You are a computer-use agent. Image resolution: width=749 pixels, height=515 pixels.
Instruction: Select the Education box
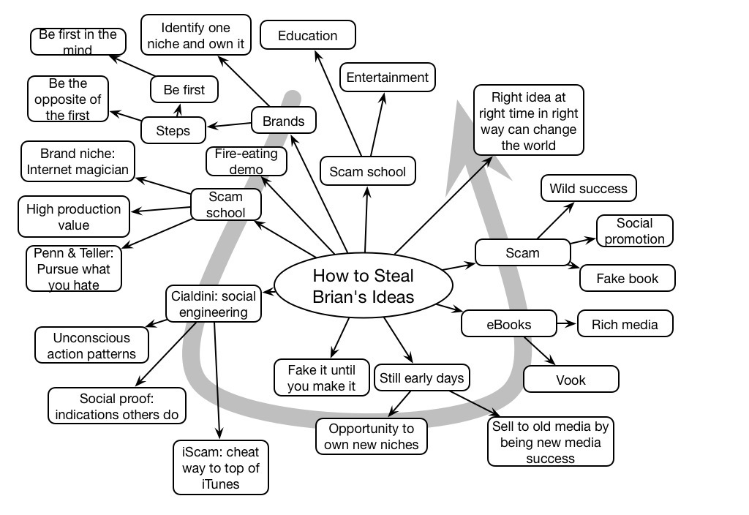click(x=308, y=35)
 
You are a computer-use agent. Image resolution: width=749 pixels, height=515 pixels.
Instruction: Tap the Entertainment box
click(x=387, y=78)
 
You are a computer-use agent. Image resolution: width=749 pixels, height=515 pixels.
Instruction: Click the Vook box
click(x=571, y=380)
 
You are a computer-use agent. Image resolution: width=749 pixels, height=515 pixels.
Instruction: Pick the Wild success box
click(x=588, y=189)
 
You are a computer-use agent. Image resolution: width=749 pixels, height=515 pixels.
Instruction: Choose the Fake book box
click(x=627, y=278)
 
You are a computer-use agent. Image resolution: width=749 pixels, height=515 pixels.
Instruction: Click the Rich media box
click(x=625, y=324)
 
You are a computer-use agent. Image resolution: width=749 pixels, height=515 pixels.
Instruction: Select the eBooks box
click(x=508, y=324)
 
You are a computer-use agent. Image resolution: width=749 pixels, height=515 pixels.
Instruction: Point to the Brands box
click(x=284, y=121)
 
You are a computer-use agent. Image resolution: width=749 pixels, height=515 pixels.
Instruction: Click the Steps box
click(x=173, y=131)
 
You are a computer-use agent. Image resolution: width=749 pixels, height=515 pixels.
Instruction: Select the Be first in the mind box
click(x=78, y=42)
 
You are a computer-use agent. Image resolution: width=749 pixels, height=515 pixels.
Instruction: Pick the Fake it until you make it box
click(x=321, y=377)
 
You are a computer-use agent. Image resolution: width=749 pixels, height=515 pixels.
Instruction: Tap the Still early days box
click(x=421, y=378)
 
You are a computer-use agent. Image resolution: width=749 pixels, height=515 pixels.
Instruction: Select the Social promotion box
click(x=634, y=231)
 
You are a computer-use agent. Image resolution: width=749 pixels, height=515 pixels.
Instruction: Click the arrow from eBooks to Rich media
click(x=565, y=323)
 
